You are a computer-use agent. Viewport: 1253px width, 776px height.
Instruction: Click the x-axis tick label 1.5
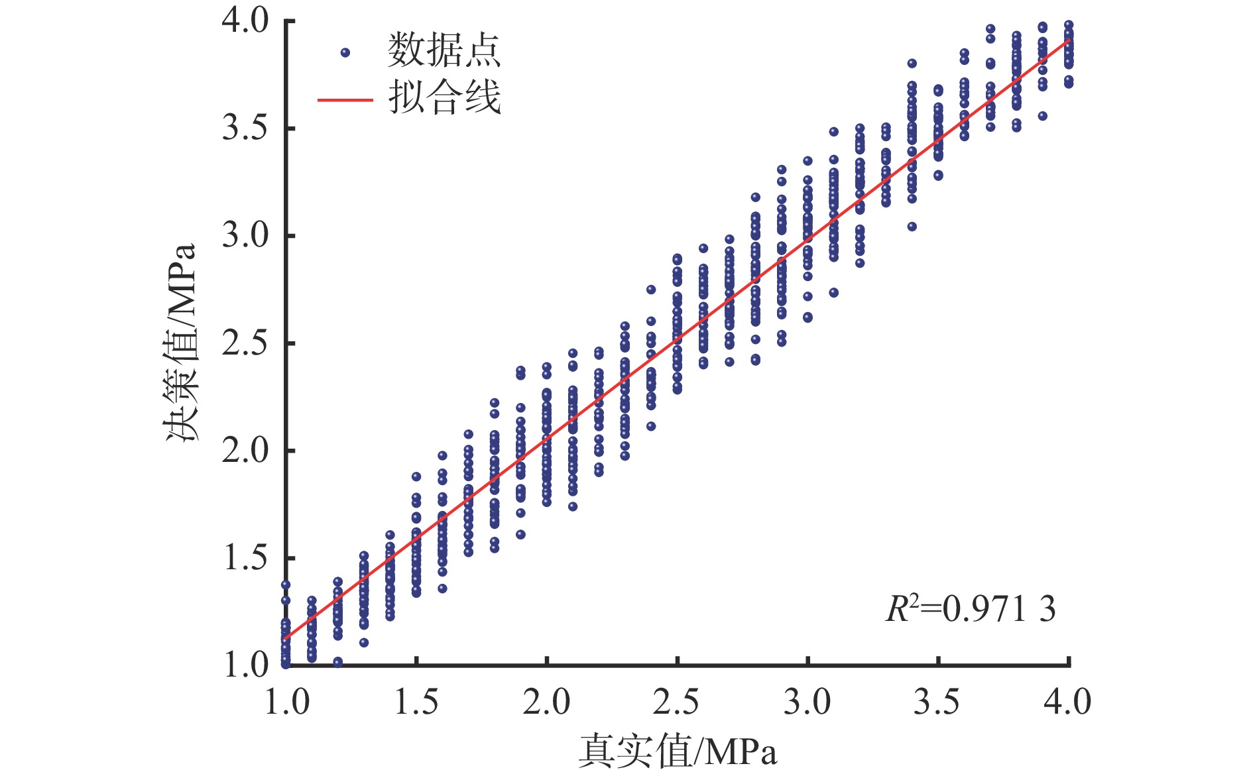click(416, 702)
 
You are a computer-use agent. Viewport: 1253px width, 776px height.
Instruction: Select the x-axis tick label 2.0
click(546, 702)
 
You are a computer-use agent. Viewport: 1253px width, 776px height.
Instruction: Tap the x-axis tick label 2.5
click(677, 702)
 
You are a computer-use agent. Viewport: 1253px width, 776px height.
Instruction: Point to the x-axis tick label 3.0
click(807, 702)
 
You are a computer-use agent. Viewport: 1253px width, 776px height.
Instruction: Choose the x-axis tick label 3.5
click(937, 702)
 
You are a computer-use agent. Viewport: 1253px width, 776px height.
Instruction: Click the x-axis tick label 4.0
click(1067, 702)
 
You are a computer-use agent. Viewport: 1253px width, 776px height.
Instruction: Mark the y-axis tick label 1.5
click(246, 558)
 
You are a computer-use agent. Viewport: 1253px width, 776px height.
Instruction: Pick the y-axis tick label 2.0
click(245, 451)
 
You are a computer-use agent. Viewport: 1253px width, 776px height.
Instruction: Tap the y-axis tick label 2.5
click(245, 343)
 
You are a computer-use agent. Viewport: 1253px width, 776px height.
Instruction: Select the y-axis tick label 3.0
click(245, 236)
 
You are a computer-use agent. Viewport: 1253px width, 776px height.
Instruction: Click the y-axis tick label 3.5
click(245, 128)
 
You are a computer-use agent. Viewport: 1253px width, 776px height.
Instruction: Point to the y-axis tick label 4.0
click(245, 21)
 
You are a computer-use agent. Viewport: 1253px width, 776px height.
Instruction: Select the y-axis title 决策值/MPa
click(181, 343)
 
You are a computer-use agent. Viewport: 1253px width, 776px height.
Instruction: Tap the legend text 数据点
click(444, 50)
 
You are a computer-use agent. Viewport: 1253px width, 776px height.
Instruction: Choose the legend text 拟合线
click(444, 99)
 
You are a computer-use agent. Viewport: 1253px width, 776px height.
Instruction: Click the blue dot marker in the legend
click(345, 52)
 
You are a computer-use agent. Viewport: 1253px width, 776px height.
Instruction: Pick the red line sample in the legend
click(345, 100)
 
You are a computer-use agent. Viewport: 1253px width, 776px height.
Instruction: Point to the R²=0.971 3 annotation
click(971, 608)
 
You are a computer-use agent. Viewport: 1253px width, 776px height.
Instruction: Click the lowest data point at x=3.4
click(912, 227)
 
